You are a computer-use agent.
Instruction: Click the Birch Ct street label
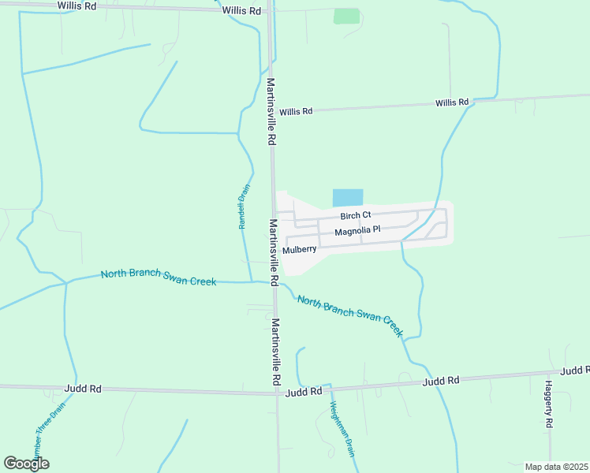(355, 215)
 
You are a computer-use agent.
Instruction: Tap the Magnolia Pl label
(357, 231)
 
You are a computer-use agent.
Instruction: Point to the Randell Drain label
(244, 207)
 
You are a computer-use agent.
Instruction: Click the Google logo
(26, 464)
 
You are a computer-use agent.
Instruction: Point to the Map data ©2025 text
(555, 467)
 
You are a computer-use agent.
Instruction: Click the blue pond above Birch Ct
(348, 198)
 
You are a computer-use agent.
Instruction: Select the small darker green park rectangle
(345, 16)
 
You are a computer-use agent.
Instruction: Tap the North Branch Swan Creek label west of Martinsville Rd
(159, 276)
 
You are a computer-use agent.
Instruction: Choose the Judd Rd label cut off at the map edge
(575, 371)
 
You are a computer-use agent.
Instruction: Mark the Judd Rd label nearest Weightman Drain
(304, 391)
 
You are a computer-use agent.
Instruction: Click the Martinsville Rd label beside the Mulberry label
(273, 252)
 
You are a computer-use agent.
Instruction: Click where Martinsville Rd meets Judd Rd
(278, 391)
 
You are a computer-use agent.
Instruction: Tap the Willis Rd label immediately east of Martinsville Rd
(296, 112)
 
